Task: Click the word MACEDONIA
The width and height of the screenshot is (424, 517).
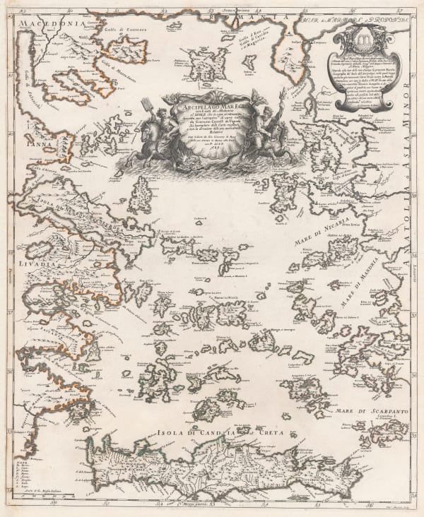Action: (x=49, y=25)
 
